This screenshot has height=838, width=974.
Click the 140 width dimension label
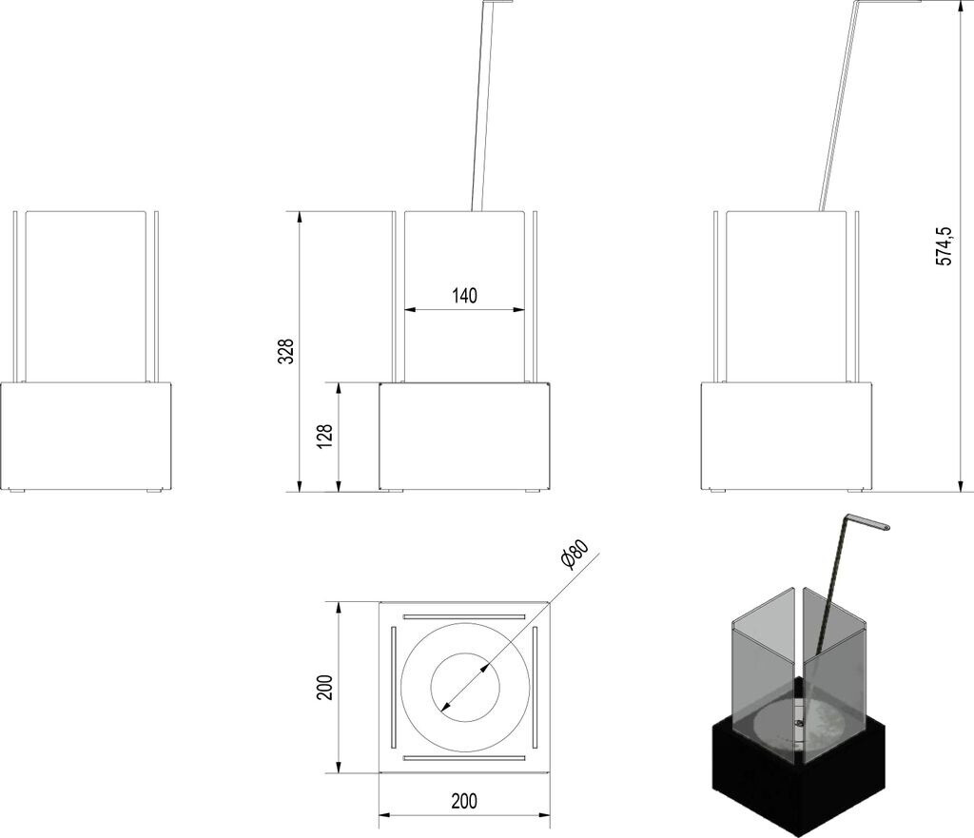(x=464, y=296)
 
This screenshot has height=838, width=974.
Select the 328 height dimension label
(x=285, y=351)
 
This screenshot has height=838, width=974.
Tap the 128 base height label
(x=324, y=437)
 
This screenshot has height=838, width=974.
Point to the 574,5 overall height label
(x=944, y=246)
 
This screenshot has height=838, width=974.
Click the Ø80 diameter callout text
(x=574, y=555)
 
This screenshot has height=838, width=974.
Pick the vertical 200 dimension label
(x=325, y=687)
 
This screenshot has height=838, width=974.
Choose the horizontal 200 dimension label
(x=464, y=801)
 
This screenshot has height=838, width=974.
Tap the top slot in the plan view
(x=464, y=617)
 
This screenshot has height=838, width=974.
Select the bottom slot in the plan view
(x=464, y=758)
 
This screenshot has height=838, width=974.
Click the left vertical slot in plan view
(x=393, y=687)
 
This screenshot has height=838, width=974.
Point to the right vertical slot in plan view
(x=535, y=687)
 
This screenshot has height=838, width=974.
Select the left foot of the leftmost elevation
(x=17, y=492)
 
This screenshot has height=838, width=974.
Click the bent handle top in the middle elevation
(x=497, y=2)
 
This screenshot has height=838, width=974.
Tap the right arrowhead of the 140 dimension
(x=520, y=309)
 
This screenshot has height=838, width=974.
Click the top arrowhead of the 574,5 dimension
(x=962, y=5)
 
